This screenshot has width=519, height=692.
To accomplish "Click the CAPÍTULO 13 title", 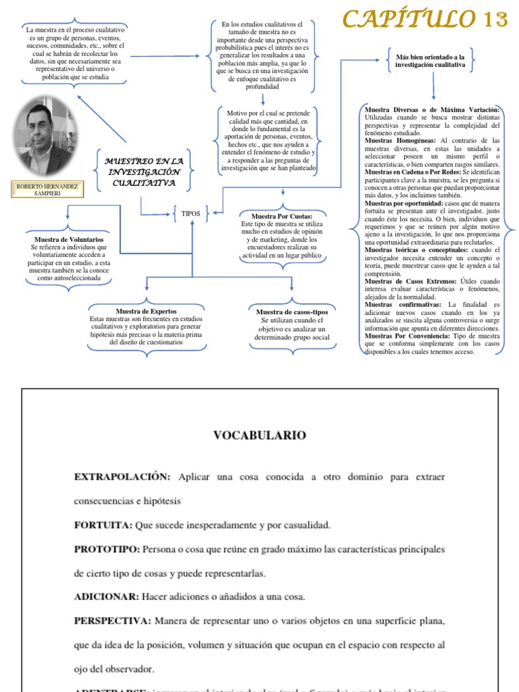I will [x=424, y=19].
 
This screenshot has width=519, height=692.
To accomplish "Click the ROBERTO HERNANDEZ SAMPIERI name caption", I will [x=45, y=189].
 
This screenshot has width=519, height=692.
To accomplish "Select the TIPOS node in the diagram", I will [x=191, y=214].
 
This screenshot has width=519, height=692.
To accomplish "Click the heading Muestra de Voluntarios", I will [x=68, y=240].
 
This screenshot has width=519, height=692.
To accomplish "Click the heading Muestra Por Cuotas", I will [x=281, y=216].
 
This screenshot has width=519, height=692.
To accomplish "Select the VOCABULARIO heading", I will [x=259, y=435].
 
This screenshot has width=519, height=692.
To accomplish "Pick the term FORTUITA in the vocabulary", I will [x=103, y=525].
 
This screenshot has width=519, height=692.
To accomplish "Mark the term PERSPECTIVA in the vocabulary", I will [x=113, y=620].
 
